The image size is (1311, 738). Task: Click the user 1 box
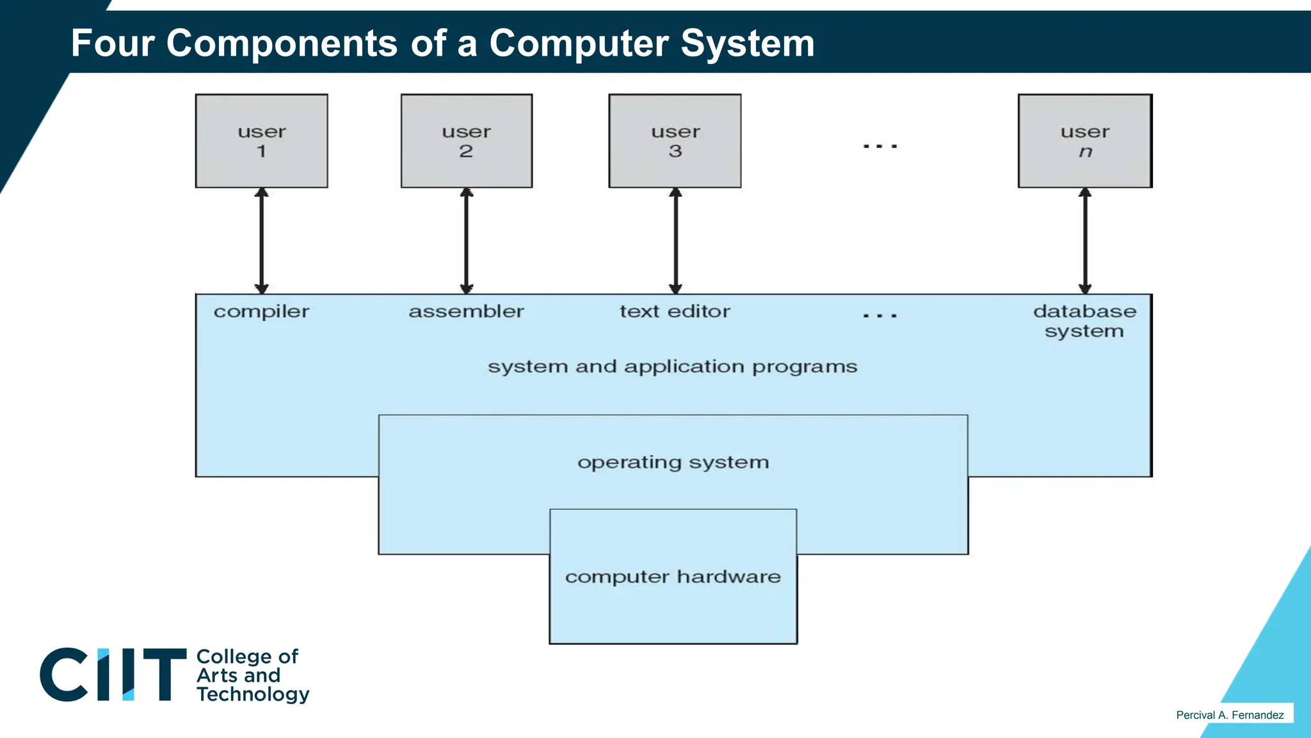pos(261,141)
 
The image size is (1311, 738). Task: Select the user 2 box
pos(466,141)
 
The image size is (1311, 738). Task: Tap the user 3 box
pos(675,141)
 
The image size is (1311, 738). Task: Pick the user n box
pos(1085,141)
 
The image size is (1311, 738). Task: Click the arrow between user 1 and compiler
pos(261,241)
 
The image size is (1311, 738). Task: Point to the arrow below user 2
pos(467,241)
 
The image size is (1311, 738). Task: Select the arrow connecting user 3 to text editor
pos(675,241)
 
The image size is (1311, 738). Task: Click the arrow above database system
pos(1085,241)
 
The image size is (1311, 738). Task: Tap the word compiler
pos(261,312)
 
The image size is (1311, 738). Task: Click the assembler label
pos(466,311)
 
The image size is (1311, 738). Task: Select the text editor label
pos(675,311)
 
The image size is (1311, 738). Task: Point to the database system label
pos(1084,321)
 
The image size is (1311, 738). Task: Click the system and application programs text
pos(672,367)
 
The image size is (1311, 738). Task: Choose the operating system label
pos(673,463)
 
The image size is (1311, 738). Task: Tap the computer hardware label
pos(673,577)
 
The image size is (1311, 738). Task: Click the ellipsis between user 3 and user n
pos(880,147)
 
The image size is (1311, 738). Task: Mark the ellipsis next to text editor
pos(880,316)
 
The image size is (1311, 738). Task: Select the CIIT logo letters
pos(113,675)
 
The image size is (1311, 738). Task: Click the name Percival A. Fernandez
pos(1230,715)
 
